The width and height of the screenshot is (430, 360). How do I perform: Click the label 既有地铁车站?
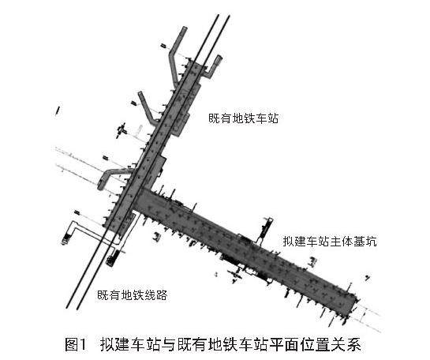[x=244, y=118]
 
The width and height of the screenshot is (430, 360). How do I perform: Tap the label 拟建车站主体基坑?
[x=330, y=242]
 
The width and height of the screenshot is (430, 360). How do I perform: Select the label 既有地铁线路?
[x=133, y=295]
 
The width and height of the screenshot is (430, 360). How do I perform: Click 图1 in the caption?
[x=76, y=344]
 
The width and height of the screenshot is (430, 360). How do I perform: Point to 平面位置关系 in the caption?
[x=316, y=344]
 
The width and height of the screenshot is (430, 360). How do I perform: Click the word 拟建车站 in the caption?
[x=129, y=344]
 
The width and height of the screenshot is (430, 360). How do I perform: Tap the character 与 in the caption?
[x=167, y=344]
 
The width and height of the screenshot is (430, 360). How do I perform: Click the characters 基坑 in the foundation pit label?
[x=365, y=242]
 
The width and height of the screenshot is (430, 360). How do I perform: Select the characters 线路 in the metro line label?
[x=155, y=295]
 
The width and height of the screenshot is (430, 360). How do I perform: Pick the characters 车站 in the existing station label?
[x=267, y=118]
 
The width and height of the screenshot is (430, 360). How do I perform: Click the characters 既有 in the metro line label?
[x=109, y=295]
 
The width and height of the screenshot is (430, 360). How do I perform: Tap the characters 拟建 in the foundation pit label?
[x=295, y=242]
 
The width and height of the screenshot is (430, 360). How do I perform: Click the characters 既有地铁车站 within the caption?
[x=223, y=344]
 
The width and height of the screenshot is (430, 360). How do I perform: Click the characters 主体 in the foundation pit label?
[x=342, y=242]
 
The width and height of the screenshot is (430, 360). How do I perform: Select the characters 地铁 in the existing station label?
[x=244, y=118]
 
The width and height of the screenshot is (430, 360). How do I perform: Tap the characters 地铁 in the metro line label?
[x=133, y=295]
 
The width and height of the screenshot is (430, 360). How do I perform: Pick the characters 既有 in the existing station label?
[x=220, y=118]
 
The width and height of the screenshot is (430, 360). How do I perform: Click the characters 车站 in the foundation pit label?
[x=319, y=242]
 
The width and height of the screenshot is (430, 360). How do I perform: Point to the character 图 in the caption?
[x=72, y=344]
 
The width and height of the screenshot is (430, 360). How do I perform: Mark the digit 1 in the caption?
[x=83, y=344]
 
